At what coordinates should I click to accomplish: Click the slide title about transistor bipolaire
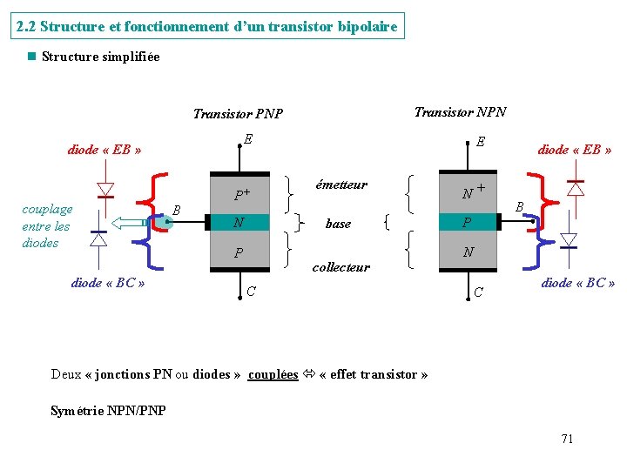click(207, 26)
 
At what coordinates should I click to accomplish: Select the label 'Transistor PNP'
click(238, 113)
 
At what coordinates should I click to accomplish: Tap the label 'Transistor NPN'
click(460, 111)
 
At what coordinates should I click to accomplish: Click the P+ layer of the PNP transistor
click(242, 194)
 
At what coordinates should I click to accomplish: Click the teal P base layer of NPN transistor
click(469, 224)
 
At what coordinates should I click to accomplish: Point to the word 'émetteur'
click(341, 185)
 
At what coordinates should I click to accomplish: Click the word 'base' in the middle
click(338, 224)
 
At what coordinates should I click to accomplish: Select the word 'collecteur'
click(341, 267)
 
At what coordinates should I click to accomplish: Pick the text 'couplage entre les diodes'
click(47, 226)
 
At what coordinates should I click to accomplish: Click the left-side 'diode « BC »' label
click(108, 282)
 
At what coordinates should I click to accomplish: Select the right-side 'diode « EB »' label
click(575, 150)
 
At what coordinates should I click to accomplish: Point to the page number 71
click(567, 439)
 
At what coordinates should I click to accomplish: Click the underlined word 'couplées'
click(273, 374)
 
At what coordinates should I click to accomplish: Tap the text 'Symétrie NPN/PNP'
click(108, 410)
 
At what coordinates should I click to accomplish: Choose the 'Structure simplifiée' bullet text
click(100, 57)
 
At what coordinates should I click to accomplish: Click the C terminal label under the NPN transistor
click(479, 292)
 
